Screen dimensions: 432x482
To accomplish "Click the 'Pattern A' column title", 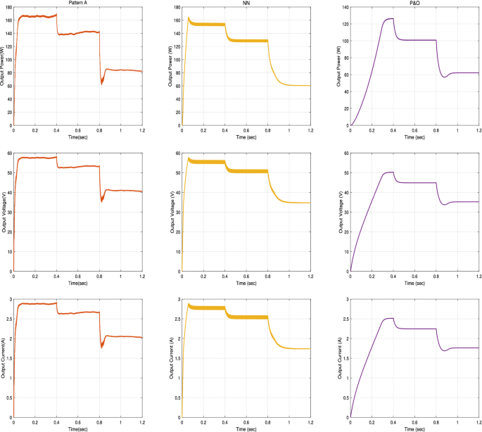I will [77, 4].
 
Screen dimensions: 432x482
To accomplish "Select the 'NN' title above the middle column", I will [246, 4].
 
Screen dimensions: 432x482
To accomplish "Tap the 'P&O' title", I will [414, 4].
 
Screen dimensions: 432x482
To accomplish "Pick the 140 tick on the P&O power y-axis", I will [343, 7].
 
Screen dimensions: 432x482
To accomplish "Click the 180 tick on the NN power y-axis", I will [175, 7].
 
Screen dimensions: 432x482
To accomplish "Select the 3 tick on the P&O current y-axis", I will [346, 299].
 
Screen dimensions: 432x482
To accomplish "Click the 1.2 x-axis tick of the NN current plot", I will [310, 422].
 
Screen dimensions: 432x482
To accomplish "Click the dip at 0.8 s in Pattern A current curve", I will [101, 348].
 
